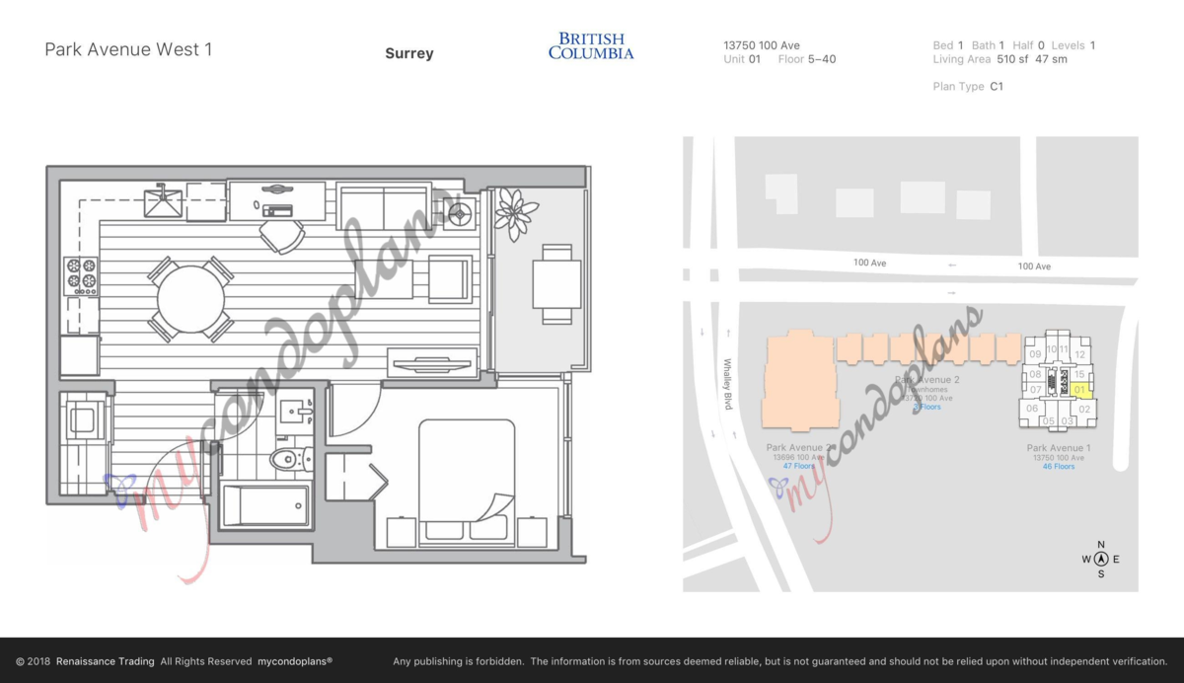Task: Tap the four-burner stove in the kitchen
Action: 81,276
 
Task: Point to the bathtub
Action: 264,504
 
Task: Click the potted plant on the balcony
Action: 516,212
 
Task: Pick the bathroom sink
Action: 291,412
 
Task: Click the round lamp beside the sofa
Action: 457,213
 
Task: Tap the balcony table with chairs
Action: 556,284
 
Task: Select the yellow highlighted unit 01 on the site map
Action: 1080,390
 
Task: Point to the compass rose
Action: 1101,559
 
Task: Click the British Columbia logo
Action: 591,45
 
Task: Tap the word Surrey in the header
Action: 408,53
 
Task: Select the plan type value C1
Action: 997,87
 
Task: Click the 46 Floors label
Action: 1059,467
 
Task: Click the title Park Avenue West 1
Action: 128,49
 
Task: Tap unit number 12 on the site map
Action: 1080,354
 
